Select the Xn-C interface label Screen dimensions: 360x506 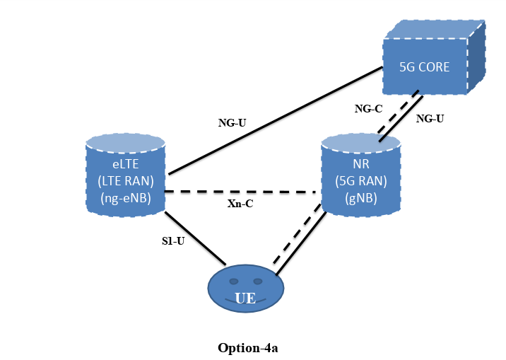[240, 204]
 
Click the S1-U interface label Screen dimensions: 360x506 [173, 240]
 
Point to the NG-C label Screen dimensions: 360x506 [368, 109]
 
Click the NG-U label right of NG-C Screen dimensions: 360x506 [430, 119]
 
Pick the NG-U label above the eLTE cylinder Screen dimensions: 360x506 [232, 122]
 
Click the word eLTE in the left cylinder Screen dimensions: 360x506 [124, 163]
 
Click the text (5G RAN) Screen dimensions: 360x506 [360, 180]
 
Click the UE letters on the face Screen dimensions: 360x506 [245, 298]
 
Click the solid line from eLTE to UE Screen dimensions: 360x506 [194, 238]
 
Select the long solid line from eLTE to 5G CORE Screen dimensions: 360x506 [276, 120]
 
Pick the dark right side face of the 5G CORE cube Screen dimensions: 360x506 [476, 57]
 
